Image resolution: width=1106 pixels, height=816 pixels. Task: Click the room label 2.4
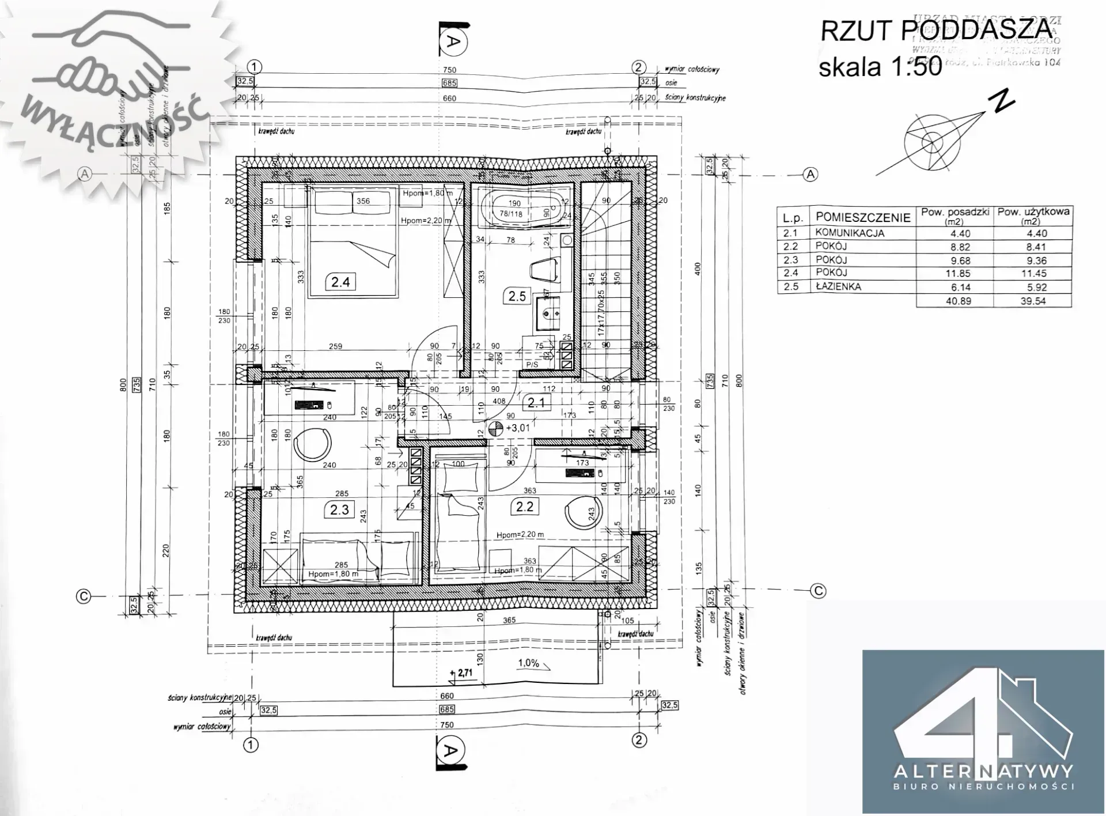[340, 282]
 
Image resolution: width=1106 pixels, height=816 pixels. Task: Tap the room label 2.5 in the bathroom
[517, 296]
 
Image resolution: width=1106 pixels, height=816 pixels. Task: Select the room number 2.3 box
[340, 510]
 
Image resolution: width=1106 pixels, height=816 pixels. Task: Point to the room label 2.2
[524, 507]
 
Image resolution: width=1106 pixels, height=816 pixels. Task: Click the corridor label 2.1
[536, 402]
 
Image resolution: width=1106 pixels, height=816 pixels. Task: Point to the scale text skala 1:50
[880, 67]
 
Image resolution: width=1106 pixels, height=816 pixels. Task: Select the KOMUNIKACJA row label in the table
[849, 233]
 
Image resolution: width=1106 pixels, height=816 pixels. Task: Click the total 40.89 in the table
[957, 300]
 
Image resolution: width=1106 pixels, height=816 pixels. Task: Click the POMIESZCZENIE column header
[862, 217]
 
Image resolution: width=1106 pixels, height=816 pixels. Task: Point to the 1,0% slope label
[528, 663]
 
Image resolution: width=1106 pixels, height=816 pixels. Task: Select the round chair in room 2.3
[313, 444]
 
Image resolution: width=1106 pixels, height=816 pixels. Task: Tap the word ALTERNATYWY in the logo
[983, 770]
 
